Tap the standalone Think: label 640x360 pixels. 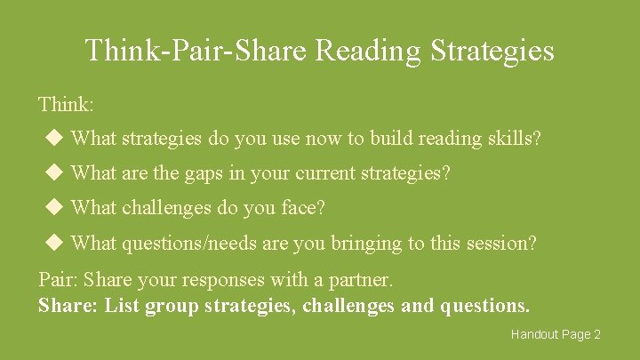coord(66,104)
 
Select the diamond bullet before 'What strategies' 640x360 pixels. coord(55,139)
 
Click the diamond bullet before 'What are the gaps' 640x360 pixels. coord(55,172)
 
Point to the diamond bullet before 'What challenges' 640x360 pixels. coord(55,208)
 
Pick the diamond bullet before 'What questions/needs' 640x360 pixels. coord(55,242)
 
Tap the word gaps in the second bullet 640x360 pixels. coord(206,173)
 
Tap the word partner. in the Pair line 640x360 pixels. coord(361,280)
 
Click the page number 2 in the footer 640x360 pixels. coord(597,334)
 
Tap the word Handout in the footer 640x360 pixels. coord(534,334)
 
